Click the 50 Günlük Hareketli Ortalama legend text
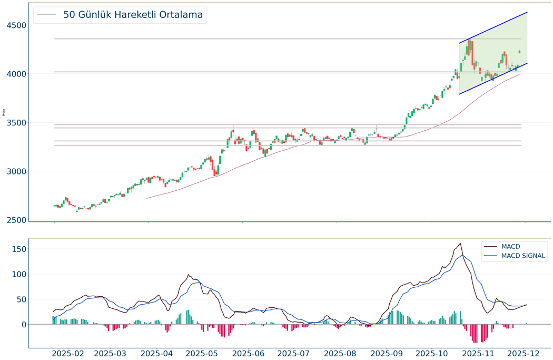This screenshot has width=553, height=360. pos(133,15)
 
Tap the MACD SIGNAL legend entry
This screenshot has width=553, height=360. pos(524,256)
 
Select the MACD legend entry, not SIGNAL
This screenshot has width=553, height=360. pos(511,246)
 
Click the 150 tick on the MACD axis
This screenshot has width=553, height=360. pos(17,249)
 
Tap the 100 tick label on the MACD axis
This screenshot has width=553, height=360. pos(17,274)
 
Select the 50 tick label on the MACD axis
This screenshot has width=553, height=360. pos(19,299)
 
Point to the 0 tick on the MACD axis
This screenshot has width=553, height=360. pos(22,325)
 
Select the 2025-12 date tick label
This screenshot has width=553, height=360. pos(524,353)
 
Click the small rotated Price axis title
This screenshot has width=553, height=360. pos(4,112)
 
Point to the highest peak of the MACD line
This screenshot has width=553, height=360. pos(461,244)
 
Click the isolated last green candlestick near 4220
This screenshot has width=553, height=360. pos(519,52)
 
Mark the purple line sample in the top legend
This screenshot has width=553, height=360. pos(46,15)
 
